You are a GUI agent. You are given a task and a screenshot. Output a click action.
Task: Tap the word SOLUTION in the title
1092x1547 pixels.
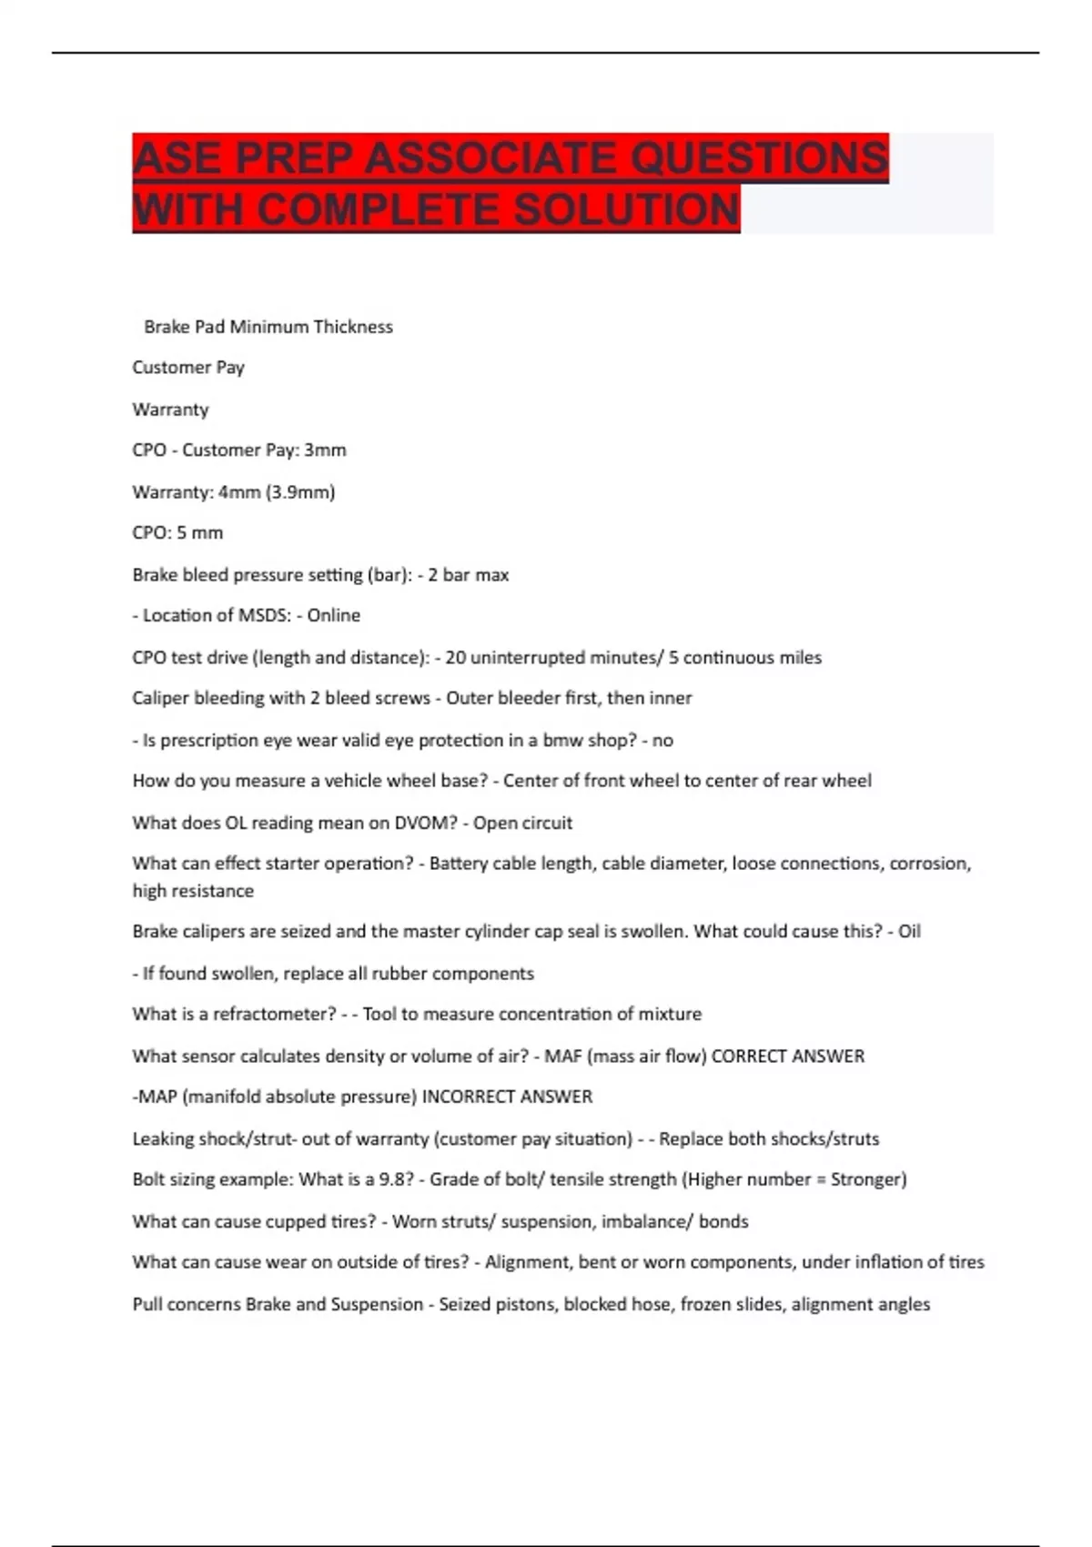(x=627, y=210)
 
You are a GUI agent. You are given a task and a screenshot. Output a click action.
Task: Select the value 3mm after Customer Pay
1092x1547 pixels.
(x=325, y=450)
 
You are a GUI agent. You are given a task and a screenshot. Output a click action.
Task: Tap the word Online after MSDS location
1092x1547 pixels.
(x=333, y=615)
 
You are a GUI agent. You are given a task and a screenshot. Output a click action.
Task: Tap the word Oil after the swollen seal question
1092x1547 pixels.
(x=909, y=931)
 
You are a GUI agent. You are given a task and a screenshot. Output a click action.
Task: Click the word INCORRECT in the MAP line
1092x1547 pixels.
(x=463, y=1097)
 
